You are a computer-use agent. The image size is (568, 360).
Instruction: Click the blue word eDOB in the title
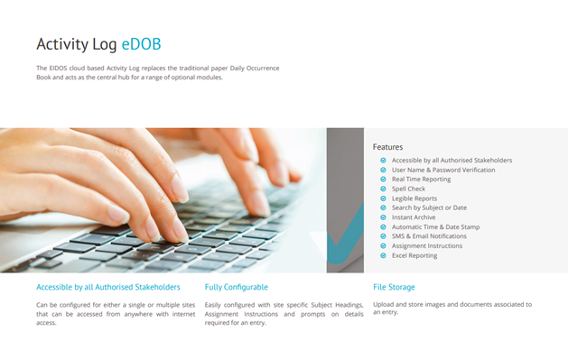click(141, 44)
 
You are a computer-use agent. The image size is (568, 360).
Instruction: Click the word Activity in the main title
click(62, 45)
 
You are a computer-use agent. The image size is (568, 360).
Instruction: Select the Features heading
click(387, 147)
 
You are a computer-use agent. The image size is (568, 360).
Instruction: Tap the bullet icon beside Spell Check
click(383, 189)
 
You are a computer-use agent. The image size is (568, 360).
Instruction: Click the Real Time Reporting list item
click(422, 179)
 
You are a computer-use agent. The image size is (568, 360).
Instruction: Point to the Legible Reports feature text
click(414, 198)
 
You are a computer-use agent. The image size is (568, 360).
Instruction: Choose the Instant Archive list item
click(414, 217)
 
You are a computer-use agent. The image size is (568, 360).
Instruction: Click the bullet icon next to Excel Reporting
click(383, 255)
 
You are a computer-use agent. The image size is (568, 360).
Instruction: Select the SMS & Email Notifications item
click(429, 235)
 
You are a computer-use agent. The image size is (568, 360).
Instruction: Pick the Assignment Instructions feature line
click(427, 245)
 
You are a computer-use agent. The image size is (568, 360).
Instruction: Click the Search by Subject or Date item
click(429, 208)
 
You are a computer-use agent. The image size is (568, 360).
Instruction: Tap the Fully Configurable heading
click(237, 287)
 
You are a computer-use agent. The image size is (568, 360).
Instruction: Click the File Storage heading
click(394, 287)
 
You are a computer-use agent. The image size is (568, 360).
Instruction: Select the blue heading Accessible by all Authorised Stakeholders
click(108, 287)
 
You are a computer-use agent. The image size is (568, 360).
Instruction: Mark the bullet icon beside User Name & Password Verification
click(383, 170)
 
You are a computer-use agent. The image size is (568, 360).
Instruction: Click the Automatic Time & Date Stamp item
click(436, 226)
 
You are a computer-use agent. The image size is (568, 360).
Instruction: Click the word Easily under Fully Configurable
click(212, 305)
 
